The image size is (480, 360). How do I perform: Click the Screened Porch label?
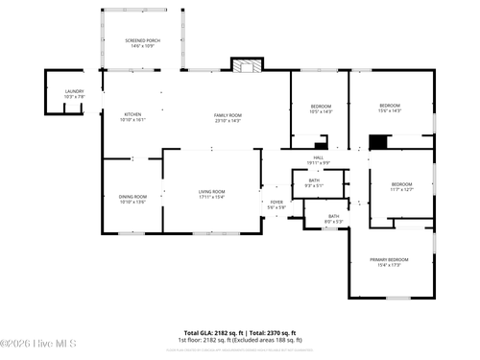pos(142,41)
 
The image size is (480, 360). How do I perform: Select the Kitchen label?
pos(132,114)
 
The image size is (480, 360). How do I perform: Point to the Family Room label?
pos(228,114)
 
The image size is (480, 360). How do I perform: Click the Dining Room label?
pos(132,197)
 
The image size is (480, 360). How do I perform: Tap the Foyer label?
pos(276,202)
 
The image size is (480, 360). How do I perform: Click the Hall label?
pos(319,158)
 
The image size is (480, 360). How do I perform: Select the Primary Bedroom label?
pos(391,259)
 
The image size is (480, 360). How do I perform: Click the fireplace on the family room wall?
pos(247,66)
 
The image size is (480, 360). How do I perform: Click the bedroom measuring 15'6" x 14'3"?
pos(389,105)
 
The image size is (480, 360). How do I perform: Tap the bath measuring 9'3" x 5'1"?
pos(314,180)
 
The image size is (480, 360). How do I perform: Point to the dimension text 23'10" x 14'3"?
pos(228,120)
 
